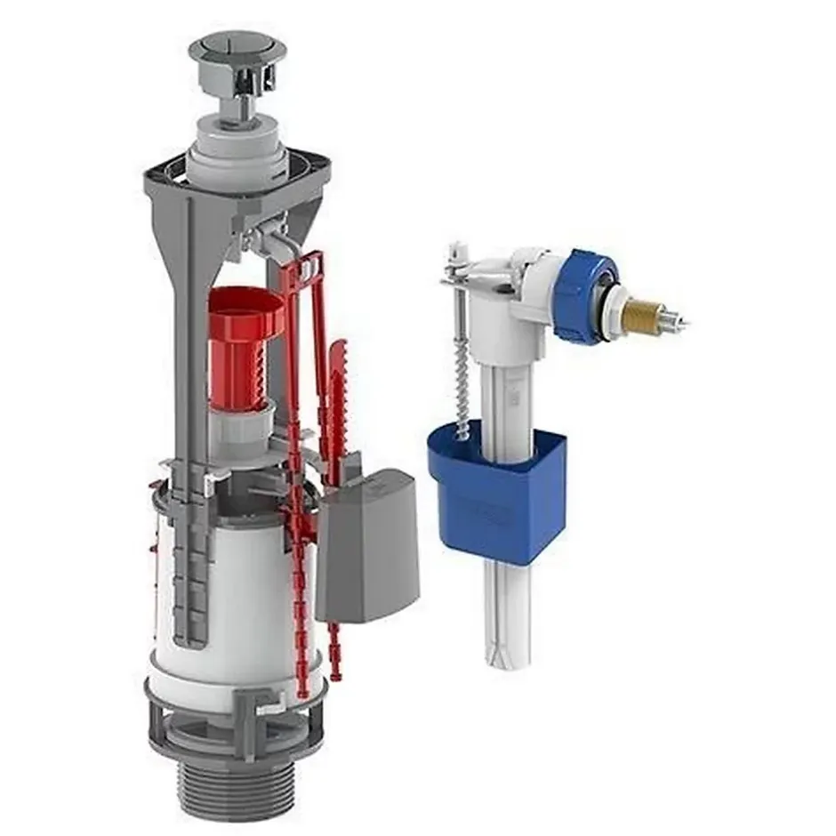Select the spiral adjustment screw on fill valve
pos(462,382)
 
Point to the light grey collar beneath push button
pos(235,142)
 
